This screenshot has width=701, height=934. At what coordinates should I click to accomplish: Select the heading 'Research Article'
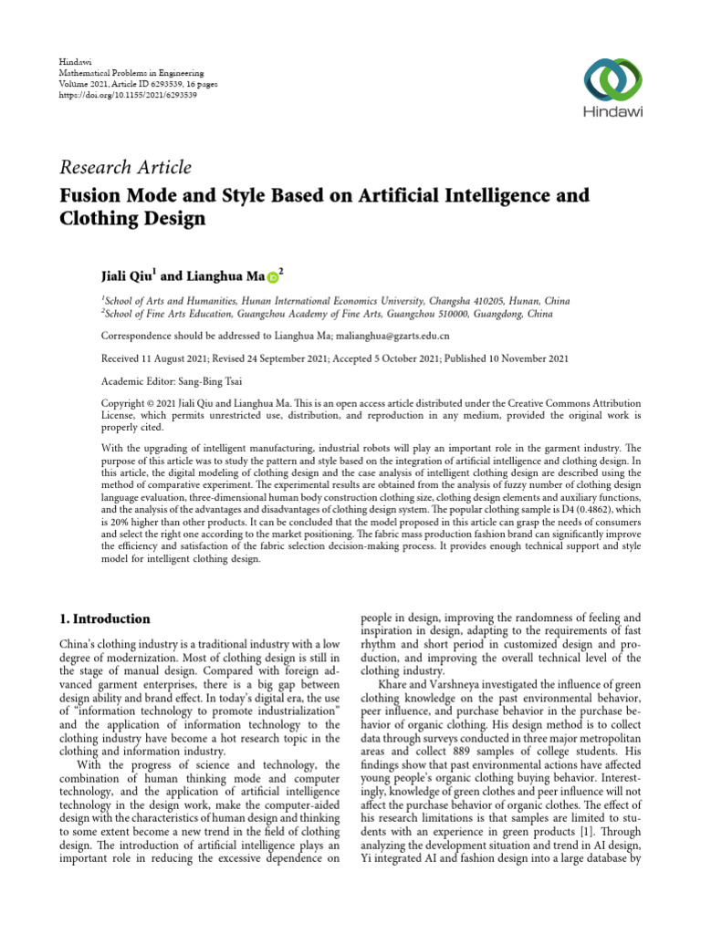pos(125,167)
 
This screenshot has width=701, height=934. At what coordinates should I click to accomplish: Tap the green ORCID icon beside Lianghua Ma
pos(273,275)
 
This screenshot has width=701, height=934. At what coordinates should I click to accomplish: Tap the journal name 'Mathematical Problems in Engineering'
pos(131,71)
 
